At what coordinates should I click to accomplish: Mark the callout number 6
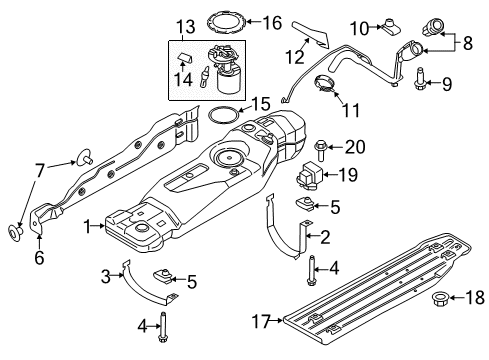coord(39,257)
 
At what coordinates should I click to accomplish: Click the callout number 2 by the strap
coord(324,236)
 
